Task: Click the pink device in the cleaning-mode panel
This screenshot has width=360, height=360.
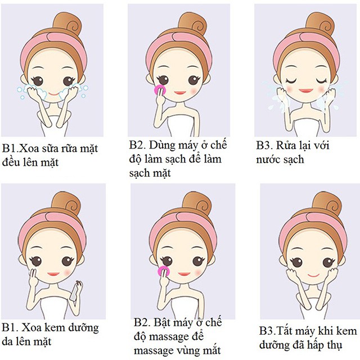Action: click(159, 90)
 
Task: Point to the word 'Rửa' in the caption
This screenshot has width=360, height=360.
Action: click(286, 145)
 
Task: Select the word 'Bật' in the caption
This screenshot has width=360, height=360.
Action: click(162, 322)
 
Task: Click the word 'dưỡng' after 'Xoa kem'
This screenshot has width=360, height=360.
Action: click(85, 328)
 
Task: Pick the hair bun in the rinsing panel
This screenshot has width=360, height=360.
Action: click(319, 22)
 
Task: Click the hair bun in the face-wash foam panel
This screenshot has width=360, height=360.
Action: click(66, 24)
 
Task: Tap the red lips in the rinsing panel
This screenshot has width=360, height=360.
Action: click(306, 91)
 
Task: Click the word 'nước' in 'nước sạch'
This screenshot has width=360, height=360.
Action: click(268, 160)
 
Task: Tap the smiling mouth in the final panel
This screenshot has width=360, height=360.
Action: click(313, 275)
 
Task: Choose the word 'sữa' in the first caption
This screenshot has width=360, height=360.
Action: click(48, 148)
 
